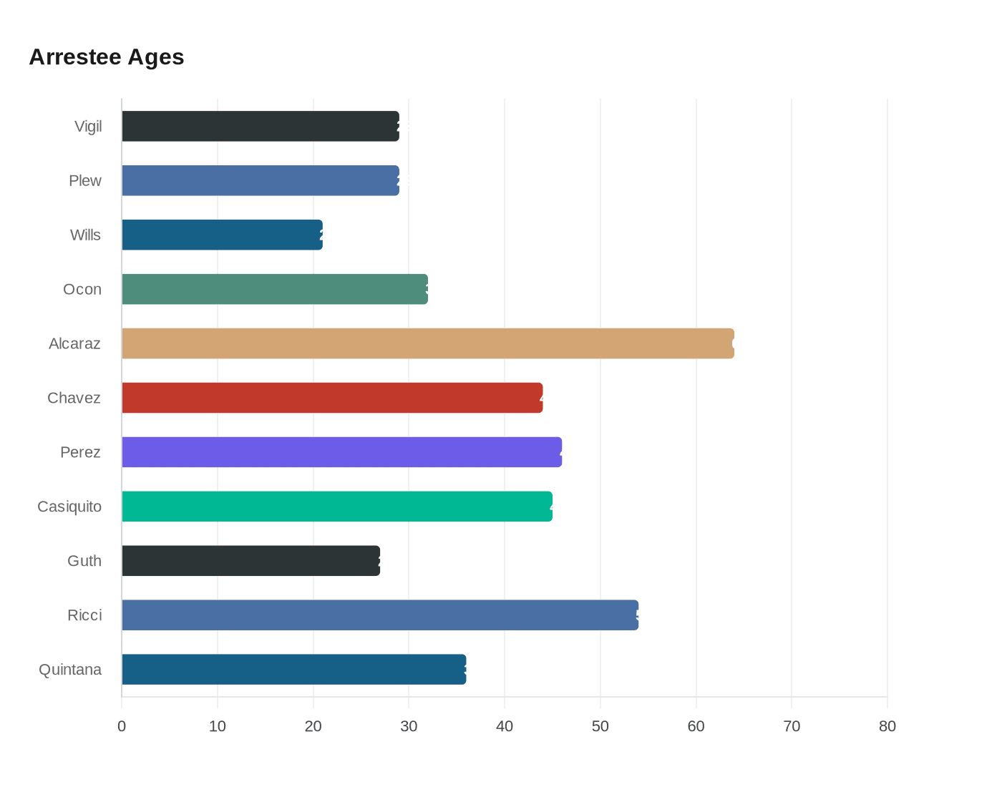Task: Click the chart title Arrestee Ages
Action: (107, 57)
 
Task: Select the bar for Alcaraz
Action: (427, 343)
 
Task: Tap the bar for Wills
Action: (222, 235)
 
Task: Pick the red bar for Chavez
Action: (332, 398)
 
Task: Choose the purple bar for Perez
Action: (341, 452)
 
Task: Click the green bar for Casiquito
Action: (336, 507)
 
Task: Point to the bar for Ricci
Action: (379, 615)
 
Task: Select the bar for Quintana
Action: (293, 670)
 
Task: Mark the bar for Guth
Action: (250, 561)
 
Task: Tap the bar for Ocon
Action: (275, 289)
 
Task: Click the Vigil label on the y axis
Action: (88, 127)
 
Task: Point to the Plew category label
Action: (85, 181)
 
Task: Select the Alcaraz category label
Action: (74, 344)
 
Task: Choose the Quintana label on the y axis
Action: (70, 670)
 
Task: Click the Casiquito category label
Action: (69, 507)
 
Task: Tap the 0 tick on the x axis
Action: (122, 727)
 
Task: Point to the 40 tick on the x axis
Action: (505, 727)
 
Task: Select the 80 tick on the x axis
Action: (887, 727)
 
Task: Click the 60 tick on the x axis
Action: (696, 727)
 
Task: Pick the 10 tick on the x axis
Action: (218, 727)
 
